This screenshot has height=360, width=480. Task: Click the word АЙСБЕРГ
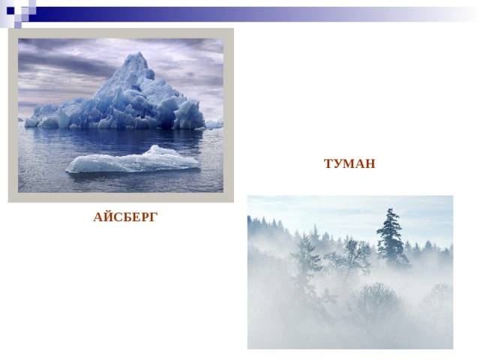coord(125,217)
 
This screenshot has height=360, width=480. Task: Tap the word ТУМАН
coord(349,163)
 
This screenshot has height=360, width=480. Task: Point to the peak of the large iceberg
coord(140,52)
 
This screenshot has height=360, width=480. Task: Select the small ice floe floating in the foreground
coord(133,160)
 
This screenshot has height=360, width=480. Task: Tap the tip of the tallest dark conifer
coord(390,208)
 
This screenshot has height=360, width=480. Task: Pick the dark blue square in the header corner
coord(10,10)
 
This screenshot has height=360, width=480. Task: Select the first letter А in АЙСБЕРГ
coord(98,217)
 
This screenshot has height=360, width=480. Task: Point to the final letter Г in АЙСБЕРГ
coord(154,217)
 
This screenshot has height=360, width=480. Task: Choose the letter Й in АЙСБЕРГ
coord(108,217)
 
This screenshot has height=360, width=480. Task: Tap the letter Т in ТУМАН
coord(328,163)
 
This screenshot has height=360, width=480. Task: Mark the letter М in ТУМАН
coord(350,163)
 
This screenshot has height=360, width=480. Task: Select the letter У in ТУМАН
coord(338,163)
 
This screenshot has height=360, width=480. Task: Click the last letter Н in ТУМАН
coord(370,163)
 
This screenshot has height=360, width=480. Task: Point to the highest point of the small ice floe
coord(157,145)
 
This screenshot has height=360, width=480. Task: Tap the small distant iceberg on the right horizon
coord(214,123)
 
